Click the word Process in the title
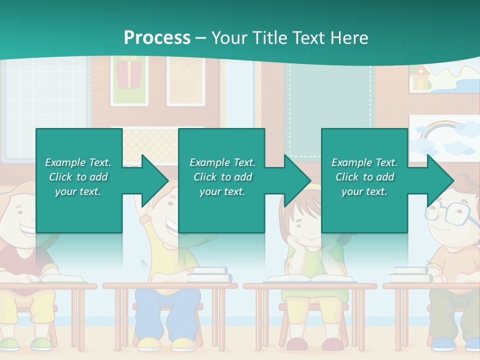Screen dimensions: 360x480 pyautogui.click(x=157, y=38)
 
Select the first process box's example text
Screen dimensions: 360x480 pyautogui.click(x=78, y=177)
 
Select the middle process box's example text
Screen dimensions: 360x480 pyautogui.click(x=222, y=177)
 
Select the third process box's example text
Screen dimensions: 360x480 pyautogui.click(x=364, y=177)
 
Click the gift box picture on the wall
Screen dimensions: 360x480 pyautogui.click(x=128, y=72)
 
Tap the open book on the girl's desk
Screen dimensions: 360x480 pyautogui.click(x=310, y=278)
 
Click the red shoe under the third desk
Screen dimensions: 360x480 pyautogui.click(x=297, y=344)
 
